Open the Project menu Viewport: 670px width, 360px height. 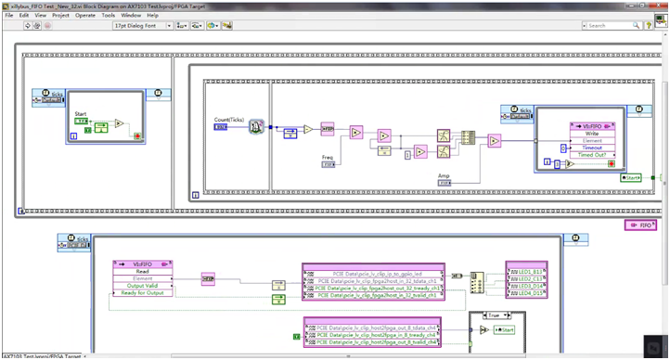pyautogui.click(x=60, y=15)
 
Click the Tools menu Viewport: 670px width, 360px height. pyautogui.click(x=109, y=15)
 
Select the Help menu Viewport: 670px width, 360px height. pyautogui.click(x=152, y=15)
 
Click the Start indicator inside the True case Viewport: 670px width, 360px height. pyautogui.click(x=505, y=330)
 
